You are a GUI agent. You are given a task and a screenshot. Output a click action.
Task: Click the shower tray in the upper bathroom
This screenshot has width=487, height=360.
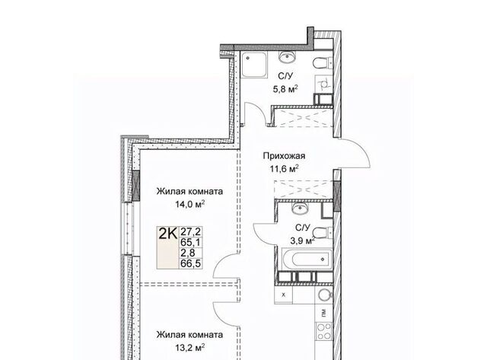[x=254, y=64]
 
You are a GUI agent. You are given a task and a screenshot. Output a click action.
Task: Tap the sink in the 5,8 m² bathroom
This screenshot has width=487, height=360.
[x=288, y=56]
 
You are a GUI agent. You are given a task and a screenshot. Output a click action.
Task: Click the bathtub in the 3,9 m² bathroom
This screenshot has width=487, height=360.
[x=307, y=258]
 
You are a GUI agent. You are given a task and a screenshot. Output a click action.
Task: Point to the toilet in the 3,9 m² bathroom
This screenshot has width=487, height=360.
[x=322, y=232]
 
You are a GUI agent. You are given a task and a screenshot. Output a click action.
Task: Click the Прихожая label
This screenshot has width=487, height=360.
[x=284, y=155]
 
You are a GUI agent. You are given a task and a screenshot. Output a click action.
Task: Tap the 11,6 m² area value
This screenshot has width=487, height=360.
[x=284, y=169]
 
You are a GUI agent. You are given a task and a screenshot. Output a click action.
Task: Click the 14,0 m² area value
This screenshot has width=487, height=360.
[x=189, y=204]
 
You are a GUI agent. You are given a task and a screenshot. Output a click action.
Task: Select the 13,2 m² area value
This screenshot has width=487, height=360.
[x=189, y=347]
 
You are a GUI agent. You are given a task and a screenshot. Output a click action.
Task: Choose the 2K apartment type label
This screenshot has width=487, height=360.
[x=167, y=233]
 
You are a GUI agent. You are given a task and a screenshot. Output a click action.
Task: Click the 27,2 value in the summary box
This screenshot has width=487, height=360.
[x=191, y=231]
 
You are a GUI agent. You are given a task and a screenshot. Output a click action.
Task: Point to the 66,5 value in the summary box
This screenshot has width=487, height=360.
[x=191, y=263]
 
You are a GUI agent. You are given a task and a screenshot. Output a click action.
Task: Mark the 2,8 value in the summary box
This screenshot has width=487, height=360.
[x=188, y=253]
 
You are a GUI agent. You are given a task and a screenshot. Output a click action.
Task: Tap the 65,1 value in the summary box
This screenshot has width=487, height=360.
[x=191, y=242]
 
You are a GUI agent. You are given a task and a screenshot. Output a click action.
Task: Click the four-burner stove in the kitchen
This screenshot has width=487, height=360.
[x=323, y=331]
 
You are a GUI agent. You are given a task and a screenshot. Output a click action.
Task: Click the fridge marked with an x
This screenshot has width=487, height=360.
[x=283, y=295]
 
